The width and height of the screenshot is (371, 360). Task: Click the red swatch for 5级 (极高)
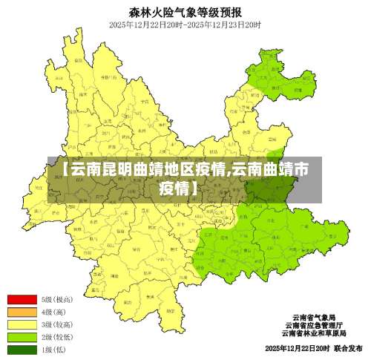[22, 300]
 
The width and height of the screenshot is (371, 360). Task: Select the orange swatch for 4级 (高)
[22, 312]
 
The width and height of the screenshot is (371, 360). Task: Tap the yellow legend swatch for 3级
[22, 324]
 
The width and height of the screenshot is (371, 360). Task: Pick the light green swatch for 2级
[22, 337]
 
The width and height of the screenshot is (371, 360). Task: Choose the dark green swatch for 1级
[22, 349]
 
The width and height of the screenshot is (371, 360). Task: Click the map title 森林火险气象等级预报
[185, 11]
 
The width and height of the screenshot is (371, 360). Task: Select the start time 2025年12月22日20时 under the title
[146, 24]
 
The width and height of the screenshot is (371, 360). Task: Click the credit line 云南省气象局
[314, 317]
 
